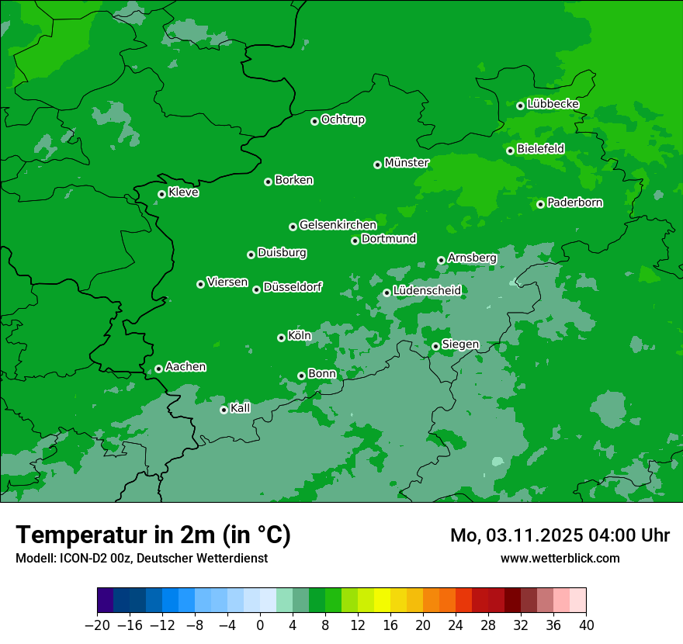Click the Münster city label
click(x=406, y=163)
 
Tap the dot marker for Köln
click(x=281, y=338)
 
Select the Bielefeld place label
click(x=540, y=148)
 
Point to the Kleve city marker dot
click(x=161, y=194)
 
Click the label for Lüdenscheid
click(x=427, y=291)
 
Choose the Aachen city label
click(x=185, y=367)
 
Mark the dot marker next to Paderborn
click(x=540, y=204)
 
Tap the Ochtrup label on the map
click(x=342, y=119)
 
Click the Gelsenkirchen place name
click(x=338, y=225)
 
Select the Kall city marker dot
click(x=224, y=410)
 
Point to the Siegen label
click(x=460, y=345)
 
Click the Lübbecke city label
click(x=553, y=104)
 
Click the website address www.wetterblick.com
click(x=560, y=558)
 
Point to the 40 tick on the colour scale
click(x=586, y=625)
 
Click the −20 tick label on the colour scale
click(x=97, y=625)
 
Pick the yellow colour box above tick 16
click(x=382, y=601)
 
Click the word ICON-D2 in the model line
click(x=79, y=558)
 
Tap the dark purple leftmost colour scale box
click(x=105, y=601)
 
